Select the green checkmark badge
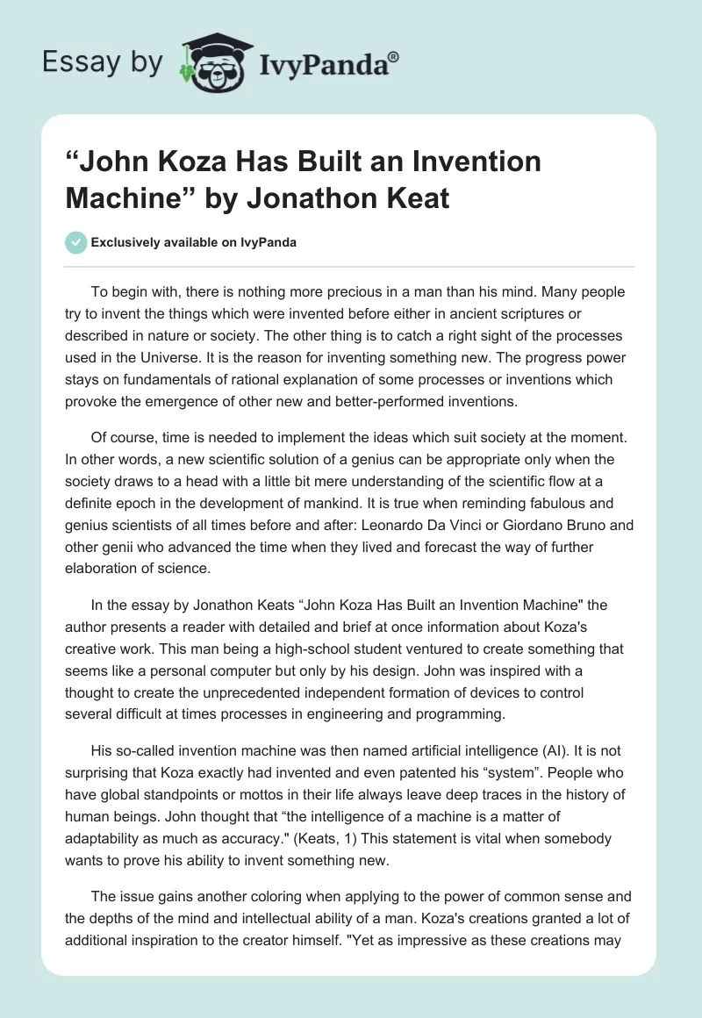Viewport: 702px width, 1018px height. [75, 242]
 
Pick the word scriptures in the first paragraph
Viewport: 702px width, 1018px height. [524, 313]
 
